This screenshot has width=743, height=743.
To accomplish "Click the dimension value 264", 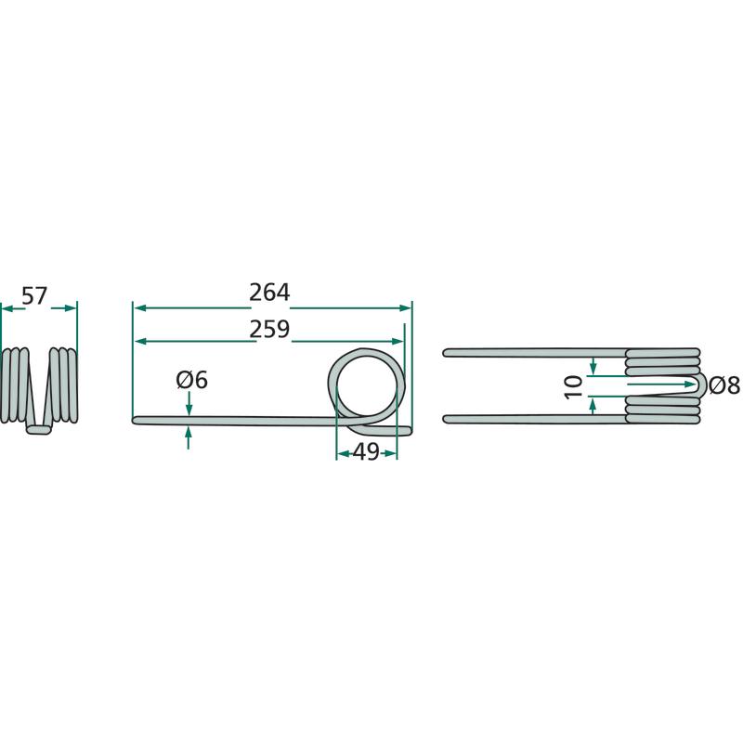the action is tap(269, 293).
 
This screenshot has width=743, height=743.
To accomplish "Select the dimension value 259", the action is tap(269, 329).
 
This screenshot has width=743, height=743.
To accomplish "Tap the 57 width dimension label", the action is tap(34, 296).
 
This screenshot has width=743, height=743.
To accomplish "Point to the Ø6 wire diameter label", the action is tap(192, 380).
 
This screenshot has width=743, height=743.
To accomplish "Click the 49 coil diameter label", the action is tap(366, 451).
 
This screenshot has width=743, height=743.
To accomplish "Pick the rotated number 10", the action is tap(574, 386).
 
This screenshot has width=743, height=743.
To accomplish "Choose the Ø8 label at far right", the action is tap(724, 385).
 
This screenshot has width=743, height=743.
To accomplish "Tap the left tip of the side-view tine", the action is tap(134, 420).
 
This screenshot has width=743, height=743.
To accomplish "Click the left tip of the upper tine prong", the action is tap(445, 353).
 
